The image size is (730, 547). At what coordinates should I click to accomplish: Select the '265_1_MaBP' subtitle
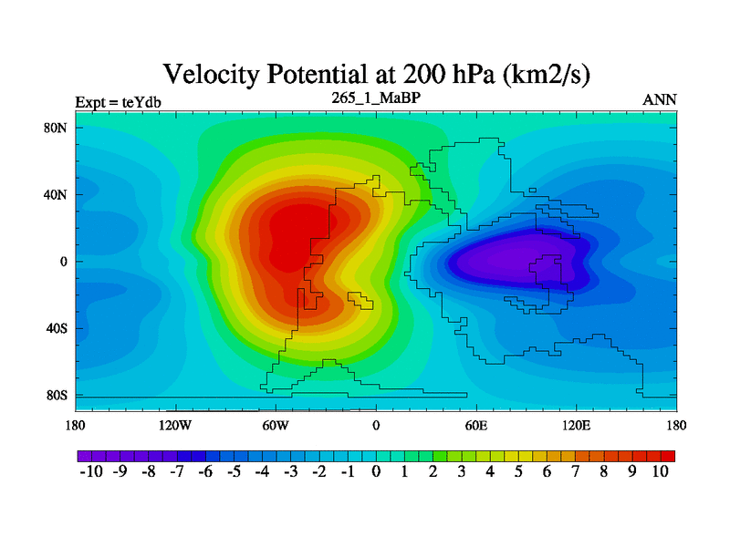click(x=376, y=97)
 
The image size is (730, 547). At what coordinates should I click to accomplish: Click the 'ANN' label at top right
click(x=660, y=100)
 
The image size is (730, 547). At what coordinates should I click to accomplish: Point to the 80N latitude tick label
click(x=57, y=128)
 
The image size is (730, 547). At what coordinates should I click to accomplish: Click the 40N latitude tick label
click(x=57, y=194)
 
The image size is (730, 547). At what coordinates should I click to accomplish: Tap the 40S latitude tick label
click(x=57, y=328)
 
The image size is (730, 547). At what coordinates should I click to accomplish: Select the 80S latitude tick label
click(x=57, y=396)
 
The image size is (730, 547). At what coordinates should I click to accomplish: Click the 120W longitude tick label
click(x=174, y=425)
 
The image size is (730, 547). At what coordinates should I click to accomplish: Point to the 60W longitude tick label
click(x=275, y=425)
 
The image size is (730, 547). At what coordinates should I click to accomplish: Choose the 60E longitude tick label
click(x=475, y=425)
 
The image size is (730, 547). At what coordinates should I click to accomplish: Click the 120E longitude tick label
click(x=576, y=425)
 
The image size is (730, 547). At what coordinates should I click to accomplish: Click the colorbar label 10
click(x=660, y=472)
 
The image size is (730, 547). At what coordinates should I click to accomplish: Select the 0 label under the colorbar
click(x=376, y=472)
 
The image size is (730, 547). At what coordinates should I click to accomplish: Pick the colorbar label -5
click(x=233, y=472)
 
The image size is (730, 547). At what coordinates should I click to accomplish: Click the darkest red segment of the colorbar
click(x=667, y=455)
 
